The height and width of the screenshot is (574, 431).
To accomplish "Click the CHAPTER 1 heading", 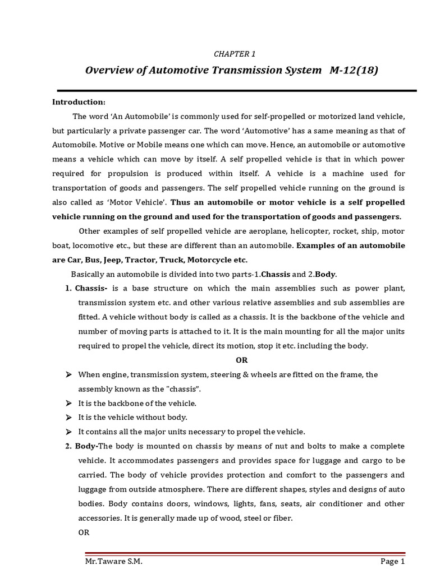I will tap(234, 54).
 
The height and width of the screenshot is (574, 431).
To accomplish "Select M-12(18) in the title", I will tap(351, 70).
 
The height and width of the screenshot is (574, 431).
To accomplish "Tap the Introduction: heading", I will tap(79, 101).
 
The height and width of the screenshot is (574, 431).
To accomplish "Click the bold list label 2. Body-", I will tap(81, 446).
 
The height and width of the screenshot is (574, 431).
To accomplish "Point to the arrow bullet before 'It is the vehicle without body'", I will tap(68, 418).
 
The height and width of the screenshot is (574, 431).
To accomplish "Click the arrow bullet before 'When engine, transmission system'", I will tap(68, 374).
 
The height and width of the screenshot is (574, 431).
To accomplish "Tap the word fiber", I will tap(282, 518).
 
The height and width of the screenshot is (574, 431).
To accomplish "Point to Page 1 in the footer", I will tap(392, 561).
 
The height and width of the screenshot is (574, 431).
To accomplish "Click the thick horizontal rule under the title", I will tap(236, 90).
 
